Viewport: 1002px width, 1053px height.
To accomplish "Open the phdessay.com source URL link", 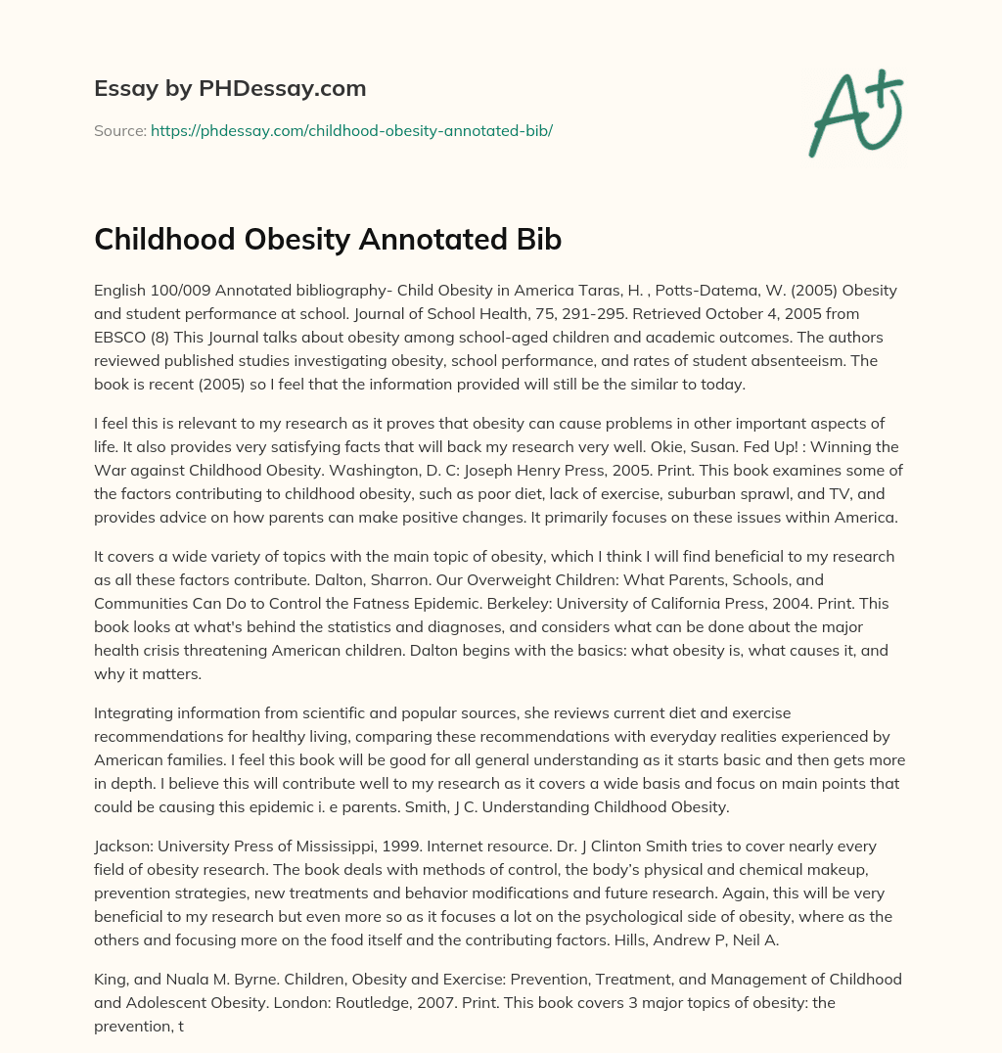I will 351,130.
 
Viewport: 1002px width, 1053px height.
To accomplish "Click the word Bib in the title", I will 536,240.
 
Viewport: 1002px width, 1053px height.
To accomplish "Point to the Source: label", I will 119,130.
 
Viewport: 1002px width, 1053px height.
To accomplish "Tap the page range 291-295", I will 615,314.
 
